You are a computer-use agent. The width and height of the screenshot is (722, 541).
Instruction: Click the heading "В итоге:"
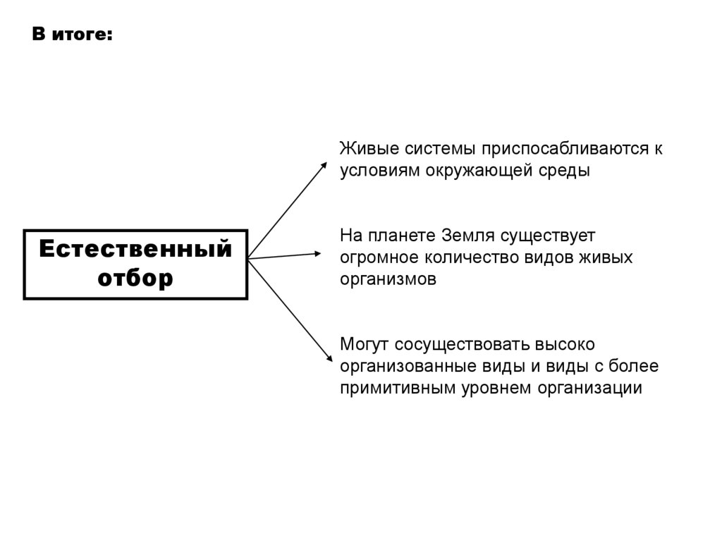pos(71,35)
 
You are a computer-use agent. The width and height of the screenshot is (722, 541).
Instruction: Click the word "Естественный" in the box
pos(135,250)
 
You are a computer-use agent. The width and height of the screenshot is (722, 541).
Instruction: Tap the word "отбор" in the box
pos(135,278)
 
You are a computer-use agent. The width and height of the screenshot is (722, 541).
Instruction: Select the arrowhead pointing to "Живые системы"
pos(324,165)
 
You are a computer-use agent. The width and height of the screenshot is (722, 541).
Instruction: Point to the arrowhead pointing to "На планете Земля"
pos(319,253)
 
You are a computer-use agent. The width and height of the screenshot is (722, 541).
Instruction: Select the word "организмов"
pos(388,279)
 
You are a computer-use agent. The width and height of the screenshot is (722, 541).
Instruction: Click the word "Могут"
pos(365,344)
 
